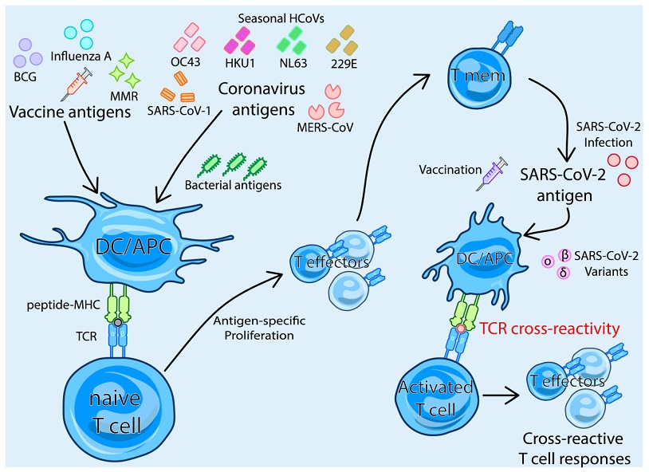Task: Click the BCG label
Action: pos(26,77)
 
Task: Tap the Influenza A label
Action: pos(81,56)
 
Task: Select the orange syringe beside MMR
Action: pos(77,85)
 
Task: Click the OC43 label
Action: pos(186,61)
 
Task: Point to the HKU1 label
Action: pos(240,63)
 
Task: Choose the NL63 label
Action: pos(293,63)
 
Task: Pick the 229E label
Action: pos(344,64)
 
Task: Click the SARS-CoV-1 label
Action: pos(179,110)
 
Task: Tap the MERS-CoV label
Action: pos(325,127)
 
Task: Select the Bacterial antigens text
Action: pos(233,185)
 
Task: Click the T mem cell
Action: pos(479,77)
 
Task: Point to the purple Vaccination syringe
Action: pos(492,174)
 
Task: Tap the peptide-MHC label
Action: pos(63,305)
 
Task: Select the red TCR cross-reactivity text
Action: pos(549,328)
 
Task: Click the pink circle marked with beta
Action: pos(564,255)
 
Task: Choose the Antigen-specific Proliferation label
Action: pos(259,328)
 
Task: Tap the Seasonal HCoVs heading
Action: pos(281,18)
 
